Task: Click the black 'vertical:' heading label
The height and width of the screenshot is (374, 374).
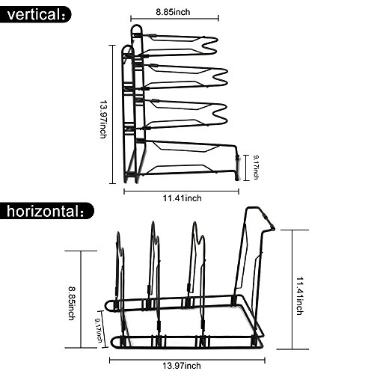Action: (35, 15)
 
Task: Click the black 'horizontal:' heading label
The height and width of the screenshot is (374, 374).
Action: (47, 211)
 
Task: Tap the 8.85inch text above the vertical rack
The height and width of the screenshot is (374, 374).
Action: (173, 12)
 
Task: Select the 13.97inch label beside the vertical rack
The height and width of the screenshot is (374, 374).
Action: (103, 119)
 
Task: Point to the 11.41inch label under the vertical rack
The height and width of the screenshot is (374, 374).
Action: (183, 198)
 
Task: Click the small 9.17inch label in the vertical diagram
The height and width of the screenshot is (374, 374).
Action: (256, 168)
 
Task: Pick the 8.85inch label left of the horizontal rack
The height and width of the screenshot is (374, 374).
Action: (72, 304)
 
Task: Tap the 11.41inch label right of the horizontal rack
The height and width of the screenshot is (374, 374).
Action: (300, 295)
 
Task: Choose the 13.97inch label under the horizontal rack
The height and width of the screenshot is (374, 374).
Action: (182, 366)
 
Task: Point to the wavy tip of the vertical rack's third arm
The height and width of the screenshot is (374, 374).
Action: (219, 114)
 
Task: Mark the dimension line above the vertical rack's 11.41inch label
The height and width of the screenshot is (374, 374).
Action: (182, 191)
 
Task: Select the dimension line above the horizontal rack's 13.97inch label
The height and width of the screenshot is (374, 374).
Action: (187, 360)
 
